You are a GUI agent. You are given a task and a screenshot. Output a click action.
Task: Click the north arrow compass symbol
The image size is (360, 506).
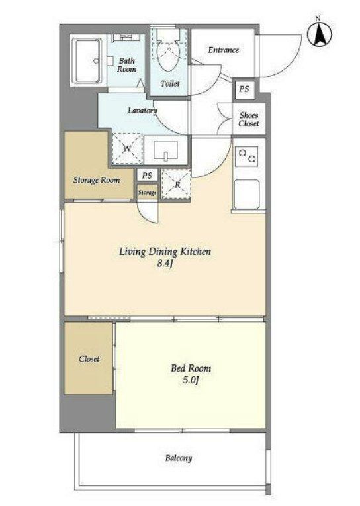[320, 33]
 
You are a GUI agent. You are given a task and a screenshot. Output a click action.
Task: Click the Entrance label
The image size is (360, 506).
[224, 50]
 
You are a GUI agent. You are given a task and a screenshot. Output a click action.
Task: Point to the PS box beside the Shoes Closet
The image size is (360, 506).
[244, 89]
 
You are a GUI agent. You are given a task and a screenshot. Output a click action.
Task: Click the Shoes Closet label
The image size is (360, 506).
[249, 119]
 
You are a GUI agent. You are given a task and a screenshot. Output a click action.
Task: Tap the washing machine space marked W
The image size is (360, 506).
[127, 149]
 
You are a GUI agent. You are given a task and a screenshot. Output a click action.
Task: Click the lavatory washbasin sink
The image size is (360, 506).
[166, 151]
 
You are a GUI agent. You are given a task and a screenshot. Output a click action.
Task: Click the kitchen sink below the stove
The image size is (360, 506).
[247, 194]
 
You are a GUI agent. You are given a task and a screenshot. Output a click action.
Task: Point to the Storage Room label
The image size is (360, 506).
[97, 180]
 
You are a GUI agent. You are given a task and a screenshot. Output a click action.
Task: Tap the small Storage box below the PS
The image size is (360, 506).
[147, 192]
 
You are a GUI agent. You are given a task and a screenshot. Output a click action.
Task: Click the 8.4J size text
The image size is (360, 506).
[165, 264]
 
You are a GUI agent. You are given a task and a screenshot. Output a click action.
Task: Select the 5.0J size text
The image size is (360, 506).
[191, 380]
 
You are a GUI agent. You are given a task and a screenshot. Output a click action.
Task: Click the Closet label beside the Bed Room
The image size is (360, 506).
[89, 359]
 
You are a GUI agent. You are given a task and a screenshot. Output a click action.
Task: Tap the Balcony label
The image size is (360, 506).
[179, 458]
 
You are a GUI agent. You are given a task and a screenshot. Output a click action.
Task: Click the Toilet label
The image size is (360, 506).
[170, 83]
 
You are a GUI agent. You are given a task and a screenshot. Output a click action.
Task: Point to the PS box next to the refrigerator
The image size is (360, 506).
[147, 176]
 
